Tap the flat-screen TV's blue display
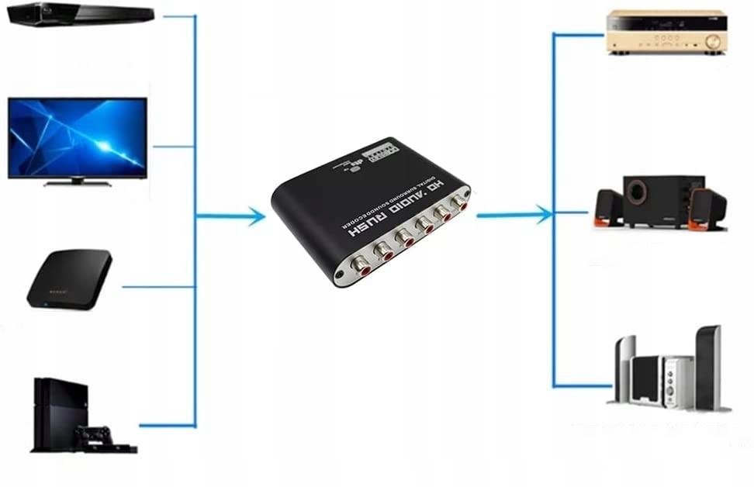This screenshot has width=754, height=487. tap(78, 137)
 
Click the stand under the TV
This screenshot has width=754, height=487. tap(77, 183)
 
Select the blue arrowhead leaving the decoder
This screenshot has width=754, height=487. tap(543, 214)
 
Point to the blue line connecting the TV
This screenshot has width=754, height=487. tap(174, 146)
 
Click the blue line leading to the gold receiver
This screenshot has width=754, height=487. tap(578, 34)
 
